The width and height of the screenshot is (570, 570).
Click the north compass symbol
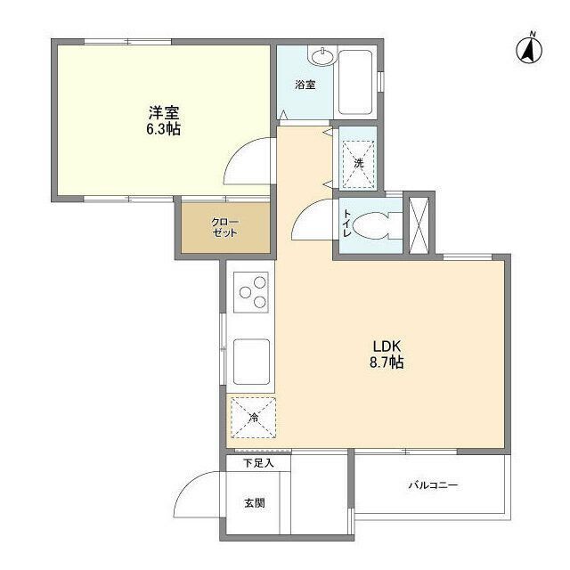[529, 49]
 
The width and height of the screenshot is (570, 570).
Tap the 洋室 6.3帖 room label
[164, 120]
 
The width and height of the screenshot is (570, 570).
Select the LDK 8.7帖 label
[387, 354]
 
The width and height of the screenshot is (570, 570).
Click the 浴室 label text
[305, 85]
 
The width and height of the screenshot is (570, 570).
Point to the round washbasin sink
[322, 55]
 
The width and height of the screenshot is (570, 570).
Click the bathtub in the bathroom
[354, 83]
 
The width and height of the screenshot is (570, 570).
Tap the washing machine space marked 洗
[358, 164]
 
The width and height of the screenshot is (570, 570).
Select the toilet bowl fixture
[375, 226]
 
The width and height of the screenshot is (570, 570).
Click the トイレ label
[347, 224]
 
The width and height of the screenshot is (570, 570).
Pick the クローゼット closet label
[225, 228]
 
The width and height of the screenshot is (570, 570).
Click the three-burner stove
[251, 292]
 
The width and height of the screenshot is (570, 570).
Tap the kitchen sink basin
[251, 362]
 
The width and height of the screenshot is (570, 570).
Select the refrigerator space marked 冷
[253, 418]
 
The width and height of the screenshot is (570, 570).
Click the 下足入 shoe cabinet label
[258, 463]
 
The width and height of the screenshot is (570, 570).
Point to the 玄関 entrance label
[255, 503]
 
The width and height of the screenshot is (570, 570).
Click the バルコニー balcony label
[433, 485]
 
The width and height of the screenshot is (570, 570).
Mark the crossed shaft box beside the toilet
[419, 225]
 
